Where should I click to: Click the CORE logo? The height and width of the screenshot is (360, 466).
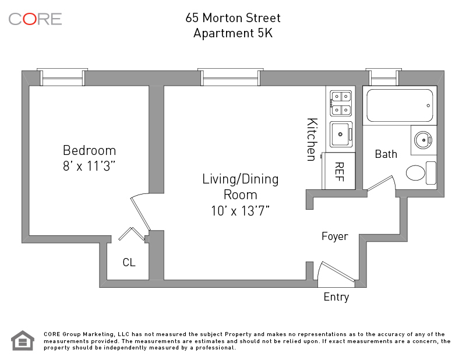pos(35,19)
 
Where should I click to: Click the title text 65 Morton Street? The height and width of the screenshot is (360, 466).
pos(233,18)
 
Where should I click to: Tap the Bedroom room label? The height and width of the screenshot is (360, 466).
pos(89,150)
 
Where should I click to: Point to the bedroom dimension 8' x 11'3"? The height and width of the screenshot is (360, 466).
pos(89,166)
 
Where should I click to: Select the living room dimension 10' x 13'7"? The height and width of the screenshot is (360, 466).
pos(240,211)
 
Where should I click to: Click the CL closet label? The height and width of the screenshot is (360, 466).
pos(129,262)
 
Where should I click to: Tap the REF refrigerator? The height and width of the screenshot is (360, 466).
pos(338,171)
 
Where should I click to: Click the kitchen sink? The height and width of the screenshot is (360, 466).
pos(341,135)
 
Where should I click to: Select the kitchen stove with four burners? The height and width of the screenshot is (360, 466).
pos(341,104)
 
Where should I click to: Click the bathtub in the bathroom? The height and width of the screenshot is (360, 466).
pos(400,105)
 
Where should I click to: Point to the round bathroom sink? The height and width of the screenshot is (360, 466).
pos(423,140)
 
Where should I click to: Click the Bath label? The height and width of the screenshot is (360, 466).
pos(386,154)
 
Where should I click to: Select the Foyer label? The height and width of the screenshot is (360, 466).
pos(335,237)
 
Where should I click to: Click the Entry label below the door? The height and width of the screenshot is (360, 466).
pos(337,297)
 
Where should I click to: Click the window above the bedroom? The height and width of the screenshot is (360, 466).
pos(62,77)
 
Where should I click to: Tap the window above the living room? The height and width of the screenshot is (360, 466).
pos(231,77)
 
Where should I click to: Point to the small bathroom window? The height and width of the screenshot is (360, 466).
pos(384,77)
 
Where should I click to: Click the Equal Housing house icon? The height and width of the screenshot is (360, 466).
pos(23,340)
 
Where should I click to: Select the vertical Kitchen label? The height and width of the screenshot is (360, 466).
pos(312,140)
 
